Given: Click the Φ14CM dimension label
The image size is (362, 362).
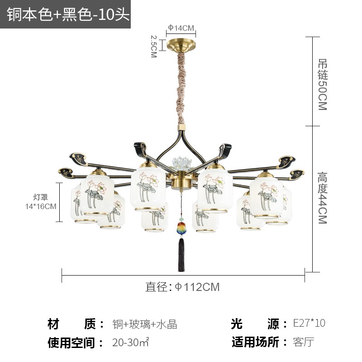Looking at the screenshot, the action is tap(181, 28).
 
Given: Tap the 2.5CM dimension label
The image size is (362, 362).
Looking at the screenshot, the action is tap(154, 46).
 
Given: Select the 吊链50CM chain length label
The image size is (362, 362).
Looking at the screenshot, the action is tap(323, 85).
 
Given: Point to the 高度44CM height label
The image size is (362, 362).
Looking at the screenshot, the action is tap(323, 198).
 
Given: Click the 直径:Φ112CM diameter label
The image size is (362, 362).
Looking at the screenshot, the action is tap(182, 287).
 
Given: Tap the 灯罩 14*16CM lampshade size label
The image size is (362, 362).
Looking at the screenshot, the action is tap(41, 202).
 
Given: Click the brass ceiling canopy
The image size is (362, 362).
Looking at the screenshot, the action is tap(181, 45).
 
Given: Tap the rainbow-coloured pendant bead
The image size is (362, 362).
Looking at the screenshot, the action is tap(181, 228).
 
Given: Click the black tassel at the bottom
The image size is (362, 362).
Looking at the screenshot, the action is tap(181, 254).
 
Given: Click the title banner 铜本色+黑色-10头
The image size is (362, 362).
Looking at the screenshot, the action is tap(68, 14).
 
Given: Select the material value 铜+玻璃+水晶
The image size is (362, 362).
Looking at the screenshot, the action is tap(145, 324).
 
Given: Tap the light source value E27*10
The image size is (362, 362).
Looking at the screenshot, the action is tap(309, 323).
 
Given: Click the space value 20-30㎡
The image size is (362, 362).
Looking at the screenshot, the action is tap(131, 342).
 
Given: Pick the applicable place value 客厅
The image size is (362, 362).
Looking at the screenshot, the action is tap(304, 342).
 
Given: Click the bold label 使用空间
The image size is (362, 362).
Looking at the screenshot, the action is tap(71, 343).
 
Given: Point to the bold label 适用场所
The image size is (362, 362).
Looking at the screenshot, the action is tap(255, 342).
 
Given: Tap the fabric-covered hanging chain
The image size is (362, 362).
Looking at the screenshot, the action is tap(181, 88).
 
